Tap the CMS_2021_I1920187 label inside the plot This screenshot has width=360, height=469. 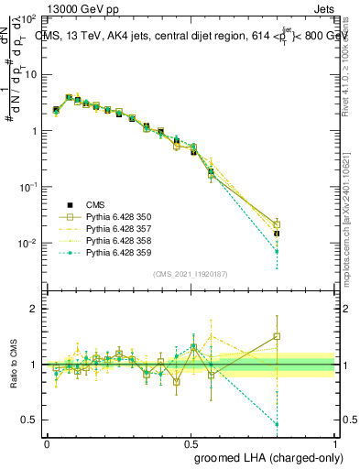click(191, 274)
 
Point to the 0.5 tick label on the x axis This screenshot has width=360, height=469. click(191, 442)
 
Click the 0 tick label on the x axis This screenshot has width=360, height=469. click(47, 442)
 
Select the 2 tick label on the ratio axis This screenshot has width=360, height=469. click(34, 309)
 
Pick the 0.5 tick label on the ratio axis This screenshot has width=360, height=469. click(30, 420)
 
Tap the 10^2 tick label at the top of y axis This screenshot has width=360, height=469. click(27, 18)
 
